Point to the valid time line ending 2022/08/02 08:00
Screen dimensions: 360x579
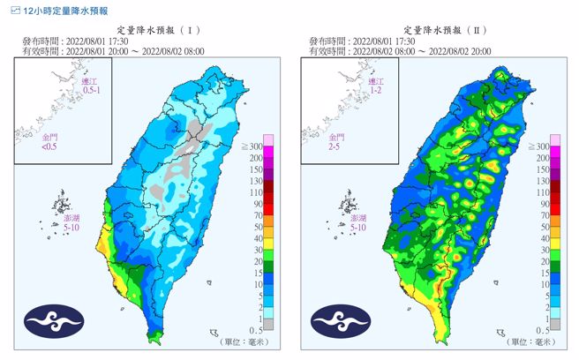[x=109, y=51]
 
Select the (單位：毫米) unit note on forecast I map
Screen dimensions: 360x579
[x=253, y=340]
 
